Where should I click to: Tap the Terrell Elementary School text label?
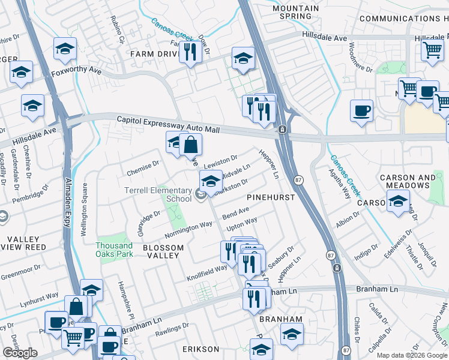[157, 194]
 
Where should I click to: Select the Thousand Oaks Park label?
[114, 250]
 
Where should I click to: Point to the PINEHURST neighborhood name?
[270, 197]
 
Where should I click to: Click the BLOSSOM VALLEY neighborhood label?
[161, 251]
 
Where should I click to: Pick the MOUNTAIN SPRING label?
[295, 12]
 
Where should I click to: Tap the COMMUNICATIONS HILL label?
[403, 19]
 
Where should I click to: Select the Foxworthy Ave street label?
[75, 75]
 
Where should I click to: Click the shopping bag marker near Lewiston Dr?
[190, 145]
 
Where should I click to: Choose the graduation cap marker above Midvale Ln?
[211, 179]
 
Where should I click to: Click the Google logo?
[20, 353]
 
